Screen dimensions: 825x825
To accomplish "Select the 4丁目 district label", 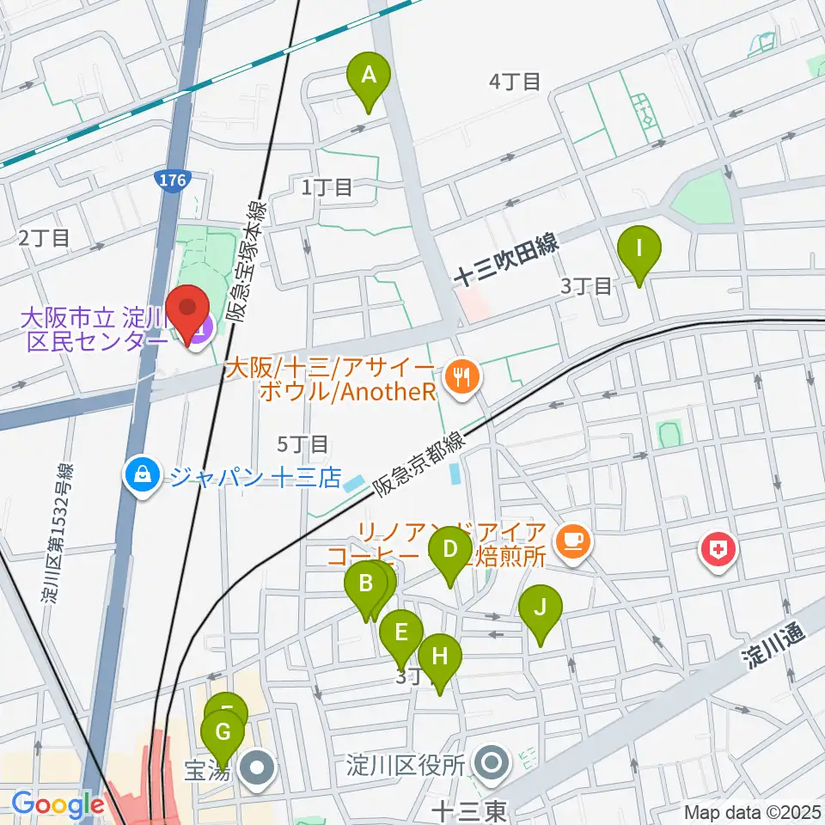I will [x=515, y=82].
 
